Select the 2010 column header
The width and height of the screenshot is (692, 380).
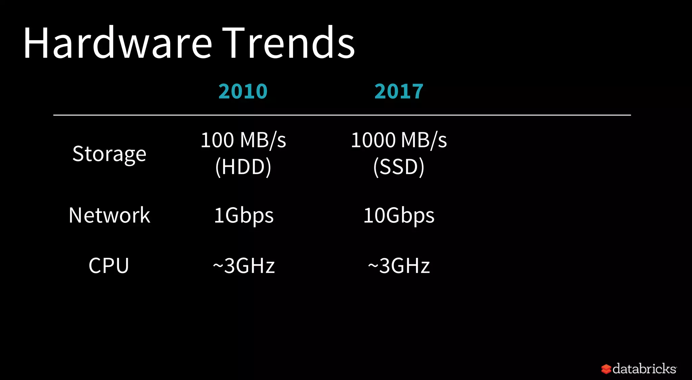pos(243,91)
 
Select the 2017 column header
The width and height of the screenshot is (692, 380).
pos(399,91)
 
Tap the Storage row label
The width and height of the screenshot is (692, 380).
pos(109,154)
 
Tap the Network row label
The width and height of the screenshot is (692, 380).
pos(109,215)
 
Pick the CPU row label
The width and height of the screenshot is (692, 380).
pos(109,266)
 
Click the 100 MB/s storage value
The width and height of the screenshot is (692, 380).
pos(243,140)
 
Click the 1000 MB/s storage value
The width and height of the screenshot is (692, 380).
pos(399,140)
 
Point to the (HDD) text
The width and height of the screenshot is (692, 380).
pos(243,167)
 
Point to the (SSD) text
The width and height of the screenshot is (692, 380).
pos(399,167)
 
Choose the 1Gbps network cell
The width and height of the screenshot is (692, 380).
pos(244,216)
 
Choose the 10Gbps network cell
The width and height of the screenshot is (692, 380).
pos(399,216)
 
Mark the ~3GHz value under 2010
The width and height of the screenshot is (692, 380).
pos(244,266)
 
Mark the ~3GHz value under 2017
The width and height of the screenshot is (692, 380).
pos(399,266)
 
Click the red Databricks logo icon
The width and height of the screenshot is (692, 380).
pos(606,369)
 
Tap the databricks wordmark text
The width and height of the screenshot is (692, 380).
pos(644,369)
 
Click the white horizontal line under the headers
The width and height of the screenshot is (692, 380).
pos(342,115)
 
